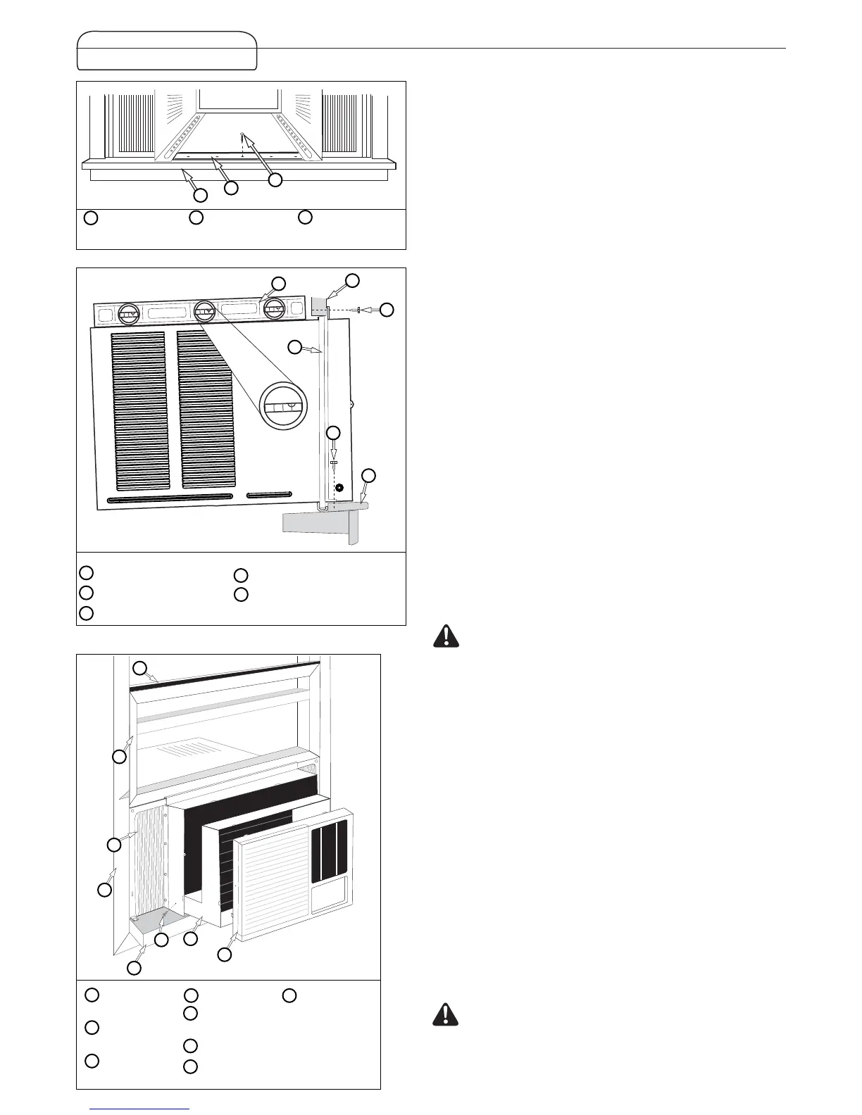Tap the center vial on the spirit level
pyautogui.click(x=205, y=310)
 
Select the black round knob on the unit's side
pyautogui.click(x=339, y=488)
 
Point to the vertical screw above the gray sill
pyautogui.click(x=333, y=465)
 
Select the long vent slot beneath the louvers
pyautogui.click(x=169, y=498)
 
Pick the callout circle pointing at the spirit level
pyautogui.click(x=279, y=283)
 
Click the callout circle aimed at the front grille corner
pyautogui.click(x=224, y=955)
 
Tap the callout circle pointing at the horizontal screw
pyautogui.click(x=387, y=310)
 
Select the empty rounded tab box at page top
pyautogui.click(x=167, y=51)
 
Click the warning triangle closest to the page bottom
pyautogui.click(x=445, y=1014)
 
